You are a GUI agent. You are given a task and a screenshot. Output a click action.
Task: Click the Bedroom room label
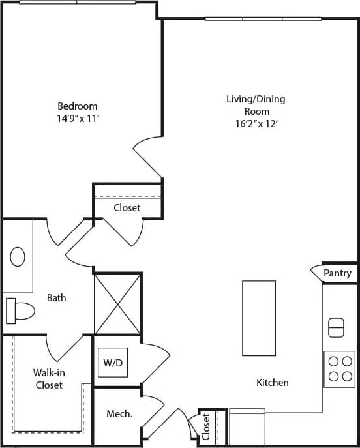click(x=78, y=106)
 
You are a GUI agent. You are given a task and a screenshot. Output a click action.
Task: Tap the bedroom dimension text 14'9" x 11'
click(x=78, y=119)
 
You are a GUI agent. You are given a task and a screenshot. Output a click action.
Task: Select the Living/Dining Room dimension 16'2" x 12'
click(x=256, y=123)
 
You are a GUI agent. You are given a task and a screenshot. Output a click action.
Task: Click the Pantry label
click(x=337, y=273)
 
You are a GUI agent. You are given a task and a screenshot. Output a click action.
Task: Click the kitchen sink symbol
click(x=336, y=327)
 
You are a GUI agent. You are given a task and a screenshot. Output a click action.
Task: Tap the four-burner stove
click(x=339, y=369)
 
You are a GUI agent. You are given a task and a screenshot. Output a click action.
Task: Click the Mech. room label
click(x=120, y=413)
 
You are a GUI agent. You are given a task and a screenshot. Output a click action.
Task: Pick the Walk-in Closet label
click(x=49, y=379)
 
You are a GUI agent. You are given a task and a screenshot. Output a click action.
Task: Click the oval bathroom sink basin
click(x=18, y=256)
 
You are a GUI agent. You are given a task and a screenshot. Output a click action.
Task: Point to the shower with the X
click(x=118, y=304)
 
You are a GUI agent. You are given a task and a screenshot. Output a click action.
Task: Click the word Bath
click(x=56, y=298)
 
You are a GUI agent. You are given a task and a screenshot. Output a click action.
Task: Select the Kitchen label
click(x=273, y=383)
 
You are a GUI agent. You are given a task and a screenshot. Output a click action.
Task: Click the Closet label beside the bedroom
click(x=127, y=208)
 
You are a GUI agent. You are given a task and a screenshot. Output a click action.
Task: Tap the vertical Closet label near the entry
click(x=206, y=428)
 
